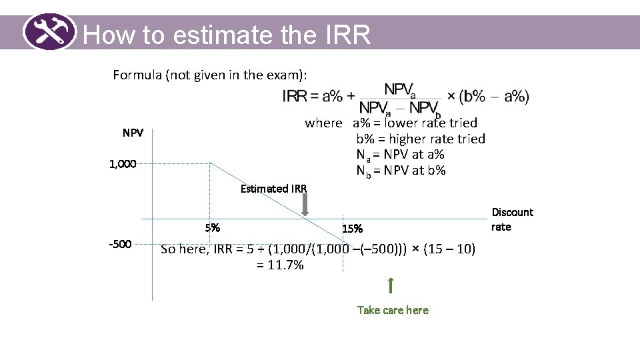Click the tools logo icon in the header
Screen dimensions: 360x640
click(x=50, y=31)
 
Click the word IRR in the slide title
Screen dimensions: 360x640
click(x=347, y=35)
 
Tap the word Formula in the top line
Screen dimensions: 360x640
click(x=137, y=75)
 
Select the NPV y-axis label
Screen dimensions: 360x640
click(x=133, y=133)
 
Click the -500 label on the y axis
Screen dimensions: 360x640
click(x=120, y=244)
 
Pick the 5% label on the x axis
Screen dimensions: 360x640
click(x=213, y=227)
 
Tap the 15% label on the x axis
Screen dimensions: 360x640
click(x=352, y=229)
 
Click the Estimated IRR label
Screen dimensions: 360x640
click(x=273, y=189)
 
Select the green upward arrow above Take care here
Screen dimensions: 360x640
click(x=391, y=285)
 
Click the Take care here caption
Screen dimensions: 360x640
click(x=393, y=310)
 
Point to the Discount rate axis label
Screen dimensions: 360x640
click(x=512, y=219)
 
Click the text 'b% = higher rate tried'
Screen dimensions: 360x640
click(x=420, y=139)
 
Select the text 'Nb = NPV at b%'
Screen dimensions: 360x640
click(x=401, y=170)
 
